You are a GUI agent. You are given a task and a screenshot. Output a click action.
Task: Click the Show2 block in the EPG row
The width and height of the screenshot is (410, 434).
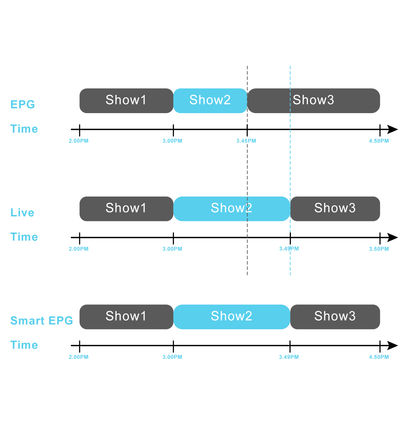point(210,101)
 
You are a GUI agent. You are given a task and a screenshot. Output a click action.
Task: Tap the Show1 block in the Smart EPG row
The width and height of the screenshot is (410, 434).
point(126,317)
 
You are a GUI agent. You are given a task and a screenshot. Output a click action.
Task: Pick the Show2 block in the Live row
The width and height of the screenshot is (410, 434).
point(232,209)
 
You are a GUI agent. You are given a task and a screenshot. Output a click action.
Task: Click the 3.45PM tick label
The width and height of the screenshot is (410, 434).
point(246,141)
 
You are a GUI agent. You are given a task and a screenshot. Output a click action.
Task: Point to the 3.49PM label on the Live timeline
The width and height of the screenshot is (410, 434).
point(289,249)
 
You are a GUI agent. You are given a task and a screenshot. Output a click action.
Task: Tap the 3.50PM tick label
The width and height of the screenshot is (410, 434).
point(379,249)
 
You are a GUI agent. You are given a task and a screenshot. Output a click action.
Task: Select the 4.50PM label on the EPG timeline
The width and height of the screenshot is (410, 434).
point(379,141)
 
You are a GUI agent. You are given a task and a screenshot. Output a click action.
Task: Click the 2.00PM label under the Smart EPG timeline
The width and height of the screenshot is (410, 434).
point(79,357)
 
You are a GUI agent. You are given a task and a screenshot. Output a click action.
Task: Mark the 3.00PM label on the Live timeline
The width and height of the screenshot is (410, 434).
point(172,249)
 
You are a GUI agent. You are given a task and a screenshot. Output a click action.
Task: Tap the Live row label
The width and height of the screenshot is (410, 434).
point(23,213)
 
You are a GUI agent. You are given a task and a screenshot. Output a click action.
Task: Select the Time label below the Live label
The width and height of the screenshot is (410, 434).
point(24,237)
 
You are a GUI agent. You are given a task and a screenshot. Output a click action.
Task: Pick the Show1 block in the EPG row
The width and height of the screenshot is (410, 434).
point(126,101)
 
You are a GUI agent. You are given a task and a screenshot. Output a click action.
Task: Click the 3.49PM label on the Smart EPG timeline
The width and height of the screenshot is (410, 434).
point(289,357)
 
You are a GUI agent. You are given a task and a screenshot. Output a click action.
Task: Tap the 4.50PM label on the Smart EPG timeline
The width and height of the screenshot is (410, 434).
point(379,357)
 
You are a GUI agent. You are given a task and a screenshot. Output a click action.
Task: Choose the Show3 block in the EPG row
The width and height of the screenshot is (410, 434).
point(314,101)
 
